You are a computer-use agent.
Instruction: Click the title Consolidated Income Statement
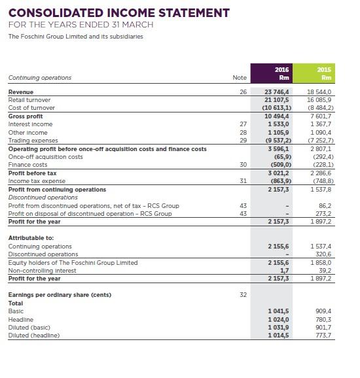tap(118, 13)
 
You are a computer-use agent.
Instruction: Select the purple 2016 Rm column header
tap(281, 73)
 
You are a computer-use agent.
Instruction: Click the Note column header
tap(240, 78)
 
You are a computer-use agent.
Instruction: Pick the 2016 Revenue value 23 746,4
tap(281, 93)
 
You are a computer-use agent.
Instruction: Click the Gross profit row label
tap(26, 116)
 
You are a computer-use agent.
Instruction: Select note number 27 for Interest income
tap(243, 124)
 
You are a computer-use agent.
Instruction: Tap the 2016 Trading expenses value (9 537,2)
tap(281, 141)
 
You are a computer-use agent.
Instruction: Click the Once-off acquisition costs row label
tap(45, 157)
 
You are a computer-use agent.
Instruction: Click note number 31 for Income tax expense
tap(243, 181)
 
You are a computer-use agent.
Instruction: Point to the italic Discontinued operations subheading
tap(43, 198)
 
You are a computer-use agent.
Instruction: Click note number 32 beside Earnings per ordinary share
tap(243, 295)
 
